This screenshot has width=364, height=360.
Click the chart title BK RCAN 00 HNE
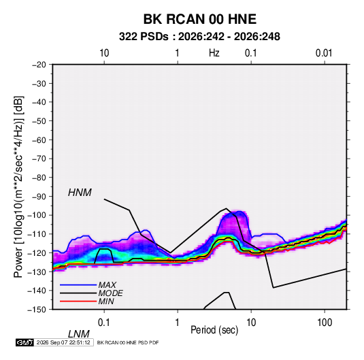pyautogui.click(x=199, y=19)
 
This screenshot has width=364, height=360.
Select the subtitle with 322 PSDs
pyautogui.click(x=199, y=37)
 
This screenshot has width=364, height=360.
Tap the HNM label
pyautogui.click(x=80, y=193)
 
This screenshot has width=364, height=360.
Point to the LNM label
pyautogui.click(x=78, y=334)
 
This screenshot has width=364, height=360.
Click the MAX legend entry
pyautogui.click(x=107, y=284)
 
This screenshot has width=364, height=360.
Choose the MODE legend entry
pyautogui.click(x=110, y=293)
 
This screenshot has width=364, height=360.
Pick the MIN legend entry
pyautogui.click(x=106, y=301)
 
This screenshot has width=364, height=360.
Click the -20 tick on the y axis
pyautogui.click(x=39, y=65)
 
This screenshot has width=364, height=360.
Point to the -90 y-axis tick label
pyautogui.click(x=39, y=197)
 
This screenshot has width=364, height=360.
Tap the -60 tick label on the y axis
pyautogui.click(x=39, y=140)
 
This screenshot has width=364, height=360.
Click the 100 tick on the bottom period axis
pyautogui.click(x=325, y=323)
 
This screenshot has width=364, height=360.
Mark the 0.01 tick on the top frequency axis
pyautogui.click(x=324, y=53)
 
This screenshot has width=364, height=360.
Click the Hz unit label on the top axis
pyautogui.click(x=214, y=53)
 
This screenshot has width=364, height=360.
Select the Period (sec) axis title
pyautogui.click(x=214, y=330)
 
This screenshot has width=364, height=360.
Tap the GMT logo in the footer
pyautogui.click(x=24, y=342)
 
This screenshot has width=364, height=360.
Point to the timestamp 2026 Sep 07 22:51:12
pyautogui.click(x=63, y=342)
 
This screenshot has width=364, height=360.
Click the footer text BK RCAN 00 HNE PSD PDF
pyautogui.click(x=128, y=342)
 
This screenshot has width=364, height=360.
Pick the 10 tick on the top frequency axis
pyautogui.click(x=104, y=53)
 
